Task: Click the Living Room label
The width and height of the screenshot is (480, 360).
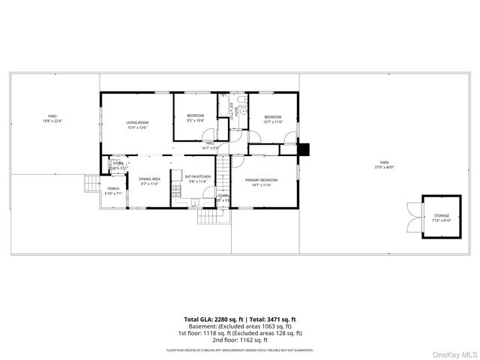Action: [x=137, y=124]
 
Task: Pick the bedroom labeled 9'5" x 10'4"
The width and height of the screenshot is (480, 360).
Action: [x=195, y=118]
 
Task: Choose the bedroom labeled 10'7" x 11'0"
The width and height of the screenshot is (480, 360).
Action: [x=272, y=118]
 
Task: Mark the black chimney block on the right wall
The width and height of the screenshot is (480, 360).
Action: [x=303, y=148]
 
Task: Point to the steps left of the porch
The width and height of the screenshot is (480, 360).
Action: [x=91, y=184]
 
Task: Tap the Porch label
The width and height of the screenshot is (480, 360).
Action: [x=113, y=190]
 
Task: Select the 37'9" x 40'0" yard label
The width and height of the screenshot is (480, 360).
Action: [x=384, y=165]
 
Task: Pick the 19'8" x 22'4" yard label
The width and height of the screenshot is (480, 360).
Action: [x=52, y=118]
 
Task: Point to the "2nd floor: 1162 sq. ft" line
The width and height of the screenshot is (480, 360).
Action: [x=240, y=339]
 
